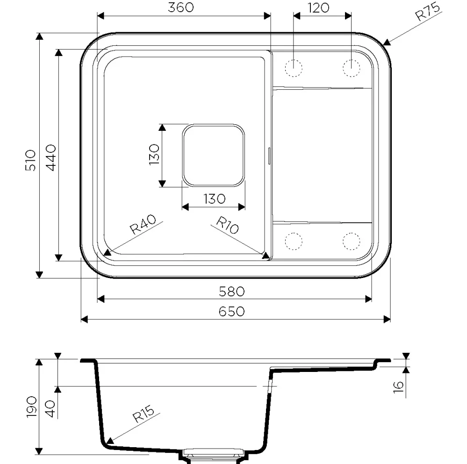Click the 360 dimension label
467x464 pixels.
(181, 7)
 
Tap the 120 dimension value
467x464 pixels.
(318, 8)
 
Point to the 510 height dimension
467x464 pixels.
(30, 160)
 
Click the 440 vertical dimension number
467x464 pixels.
(51, 158)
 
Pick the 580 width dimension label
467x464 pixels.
(232, 292)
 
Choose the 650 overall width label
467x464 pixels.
(232, 312)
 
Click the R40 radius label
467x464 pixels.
(143, 224)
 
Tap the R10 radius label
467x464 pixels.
(227, 225)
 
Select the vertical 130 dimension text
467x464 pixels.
(154, 155)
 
